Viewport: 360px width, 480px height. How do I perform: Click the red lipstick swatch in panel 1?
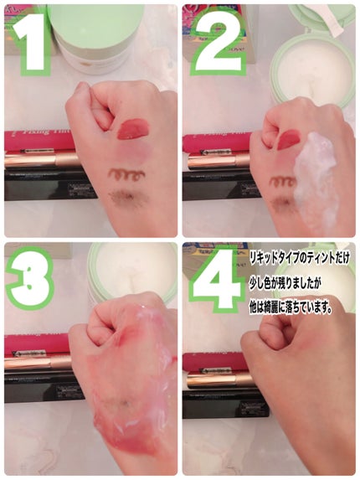(x=132, y=129)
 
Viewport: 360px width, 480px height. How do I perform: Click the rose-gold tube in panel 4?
(x=213, y=379)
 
